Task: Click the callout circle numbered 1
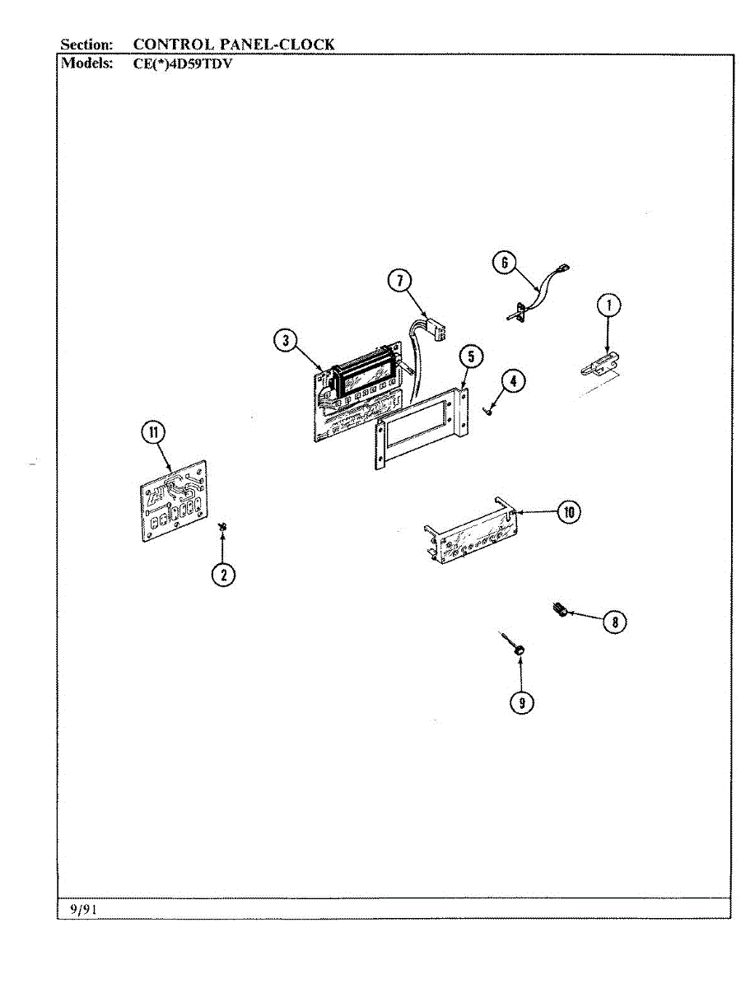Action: tap(608, 306)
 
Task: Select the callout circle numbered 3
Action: tap(285, 341)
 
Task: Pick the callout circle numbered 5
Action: tap(471, 357)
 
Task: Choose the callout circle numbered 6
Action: tap(504, 263)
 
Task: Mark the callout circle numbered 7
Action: tap(399, 281)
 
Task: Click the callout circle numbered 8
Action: tap(614, 622)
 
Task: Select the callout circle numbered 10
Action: tap(568, 512)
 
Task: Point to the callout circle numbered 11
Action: tap(153, 432)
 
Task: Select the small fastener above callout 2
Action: tap(223, 526)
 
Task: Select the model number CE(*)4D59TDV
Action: tap(182, 63)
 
